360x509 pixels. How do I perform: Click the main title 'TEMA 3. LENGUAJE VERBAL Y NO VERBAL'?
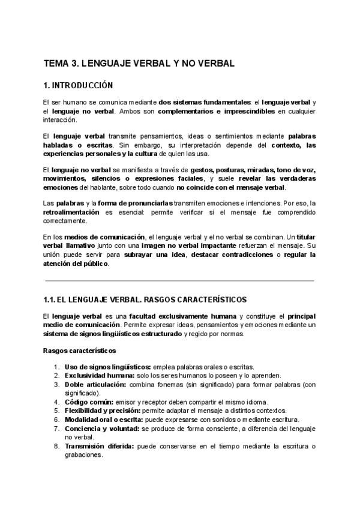pyautogui.click(x=139, y=62)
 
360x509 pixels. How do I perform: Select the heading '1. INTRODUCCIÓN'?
pyautogui.click(x=78, y=85)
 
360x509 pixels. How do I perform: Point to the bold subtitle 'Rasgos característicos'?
pyautogui.click(x=80, y=350)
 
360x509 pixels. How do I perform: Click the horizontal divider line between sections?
pyautogui.click(x=179, y=280)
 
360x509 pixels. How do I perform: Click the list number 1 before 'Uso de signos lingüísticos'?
pyautogui.click(x=56, y=367)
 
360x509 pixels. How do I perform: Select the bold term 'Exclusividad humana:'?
pyautogui.click(x=100, y=375)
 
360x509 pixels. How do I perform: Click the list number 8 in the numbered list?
pyautogui.click(x=56, y=446)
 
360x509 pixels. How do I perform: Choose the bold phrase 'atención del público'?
pyautogui.click(x=76, y=264)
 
